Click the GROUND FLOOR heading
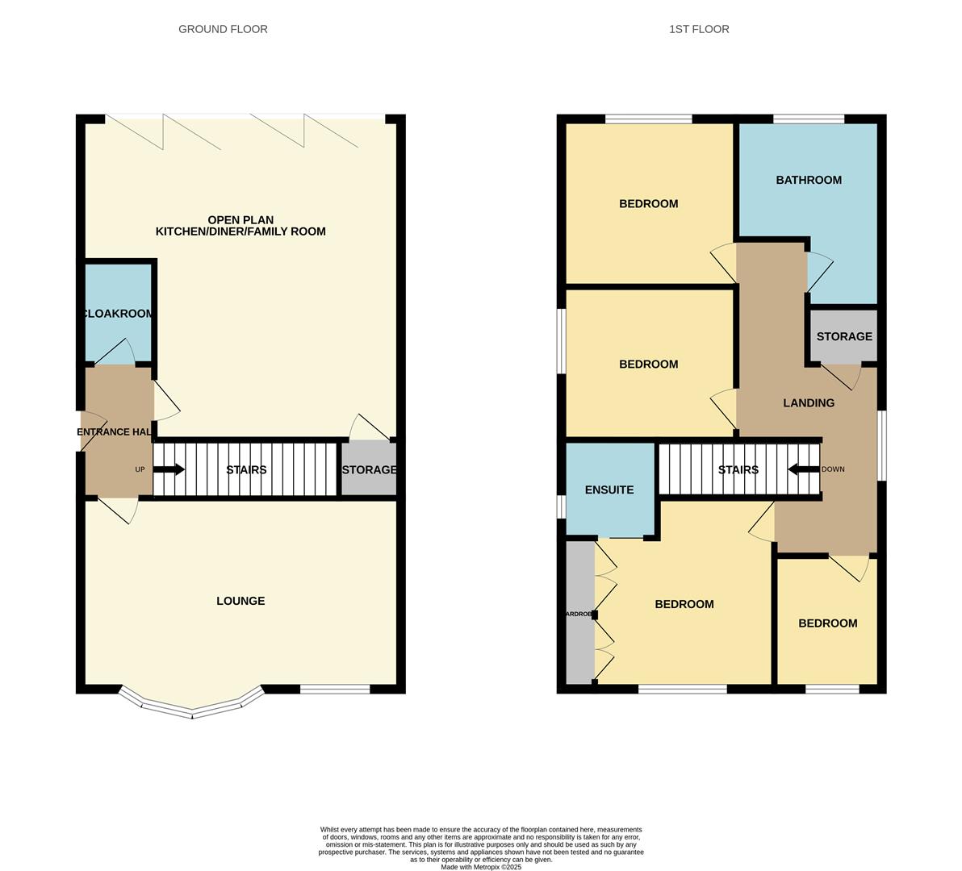coord(223,29)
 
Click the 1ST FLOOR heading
coord(699,29)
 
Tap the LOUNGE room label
coord(240,601)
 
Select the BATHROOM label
coord(809,180)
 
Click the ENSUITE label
coord(609,490)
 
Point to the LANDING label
coord(809,402)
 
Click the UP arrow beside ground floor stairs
coord(169,469)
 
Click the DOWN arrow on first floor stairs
coord(804,469)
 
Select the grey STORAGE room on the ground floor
coord(369,469)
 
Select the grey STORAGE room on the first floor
coord(844,336)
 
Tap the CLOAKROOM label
coord(118,313)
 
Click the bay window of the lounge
coord(192,710)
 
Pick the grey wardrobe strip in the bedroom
coord(579,614)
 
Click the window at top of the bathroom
coord(809,119)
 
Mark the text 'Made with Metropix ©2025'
coord(481,867)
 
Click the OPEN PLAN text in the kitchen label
coord(240,219)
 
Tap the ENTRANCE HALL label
coord(115,431)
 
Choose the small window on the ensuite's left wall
coord(561,506)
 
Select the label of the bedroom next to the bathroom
coord(648,203)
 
